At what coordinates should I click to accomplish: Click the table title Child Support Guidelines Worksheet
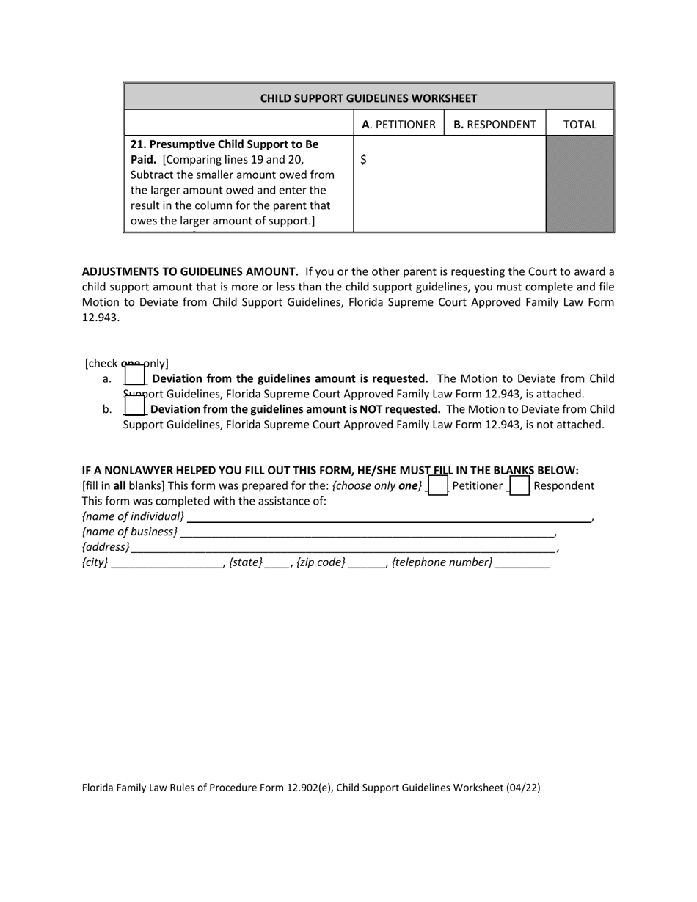pos(368,98)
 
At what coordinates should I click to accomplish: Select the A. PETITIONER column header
pos(398,125)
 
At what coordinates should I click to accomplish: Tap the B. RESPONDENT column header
pos(495,125)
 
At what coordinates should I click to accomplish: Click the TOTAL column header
pos(580,125)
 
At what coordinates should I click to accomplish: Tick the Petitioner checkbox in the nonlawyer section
pos(437,485)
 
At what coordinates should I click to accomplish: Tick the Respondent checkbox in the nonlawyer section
pos(519,485)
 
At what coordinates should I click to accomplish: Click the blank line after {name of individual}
pos(389,517)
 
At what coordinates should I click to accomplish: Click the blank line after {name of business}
pos(367,532)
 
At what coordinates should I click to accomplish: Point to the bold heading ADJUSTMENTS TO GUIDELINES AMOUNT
pos(190,271)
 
